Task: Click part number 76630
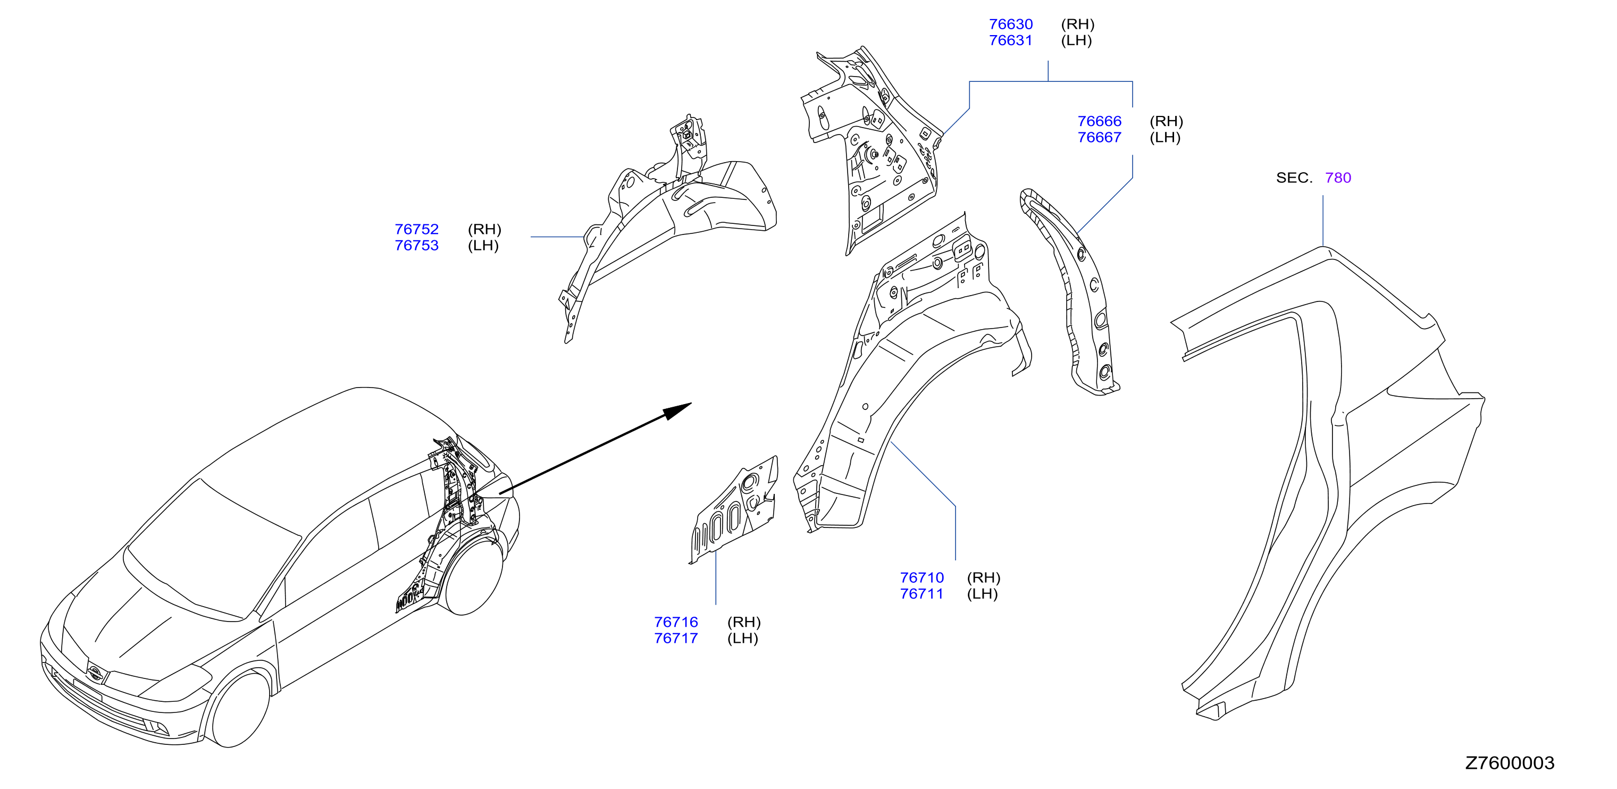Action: pyautogui.click(x=1011, y=24)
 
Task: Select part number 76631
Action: pyautogui.click(x=1011, y=41)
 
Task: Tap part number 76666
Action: pyautogui.click(x=1099, y=121)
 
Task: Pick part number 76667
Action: pyautogui.click(x=1099, y=138)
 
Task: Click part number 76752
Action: pyautogui.click(x=417, y=229)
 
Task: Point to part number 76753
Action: pyautogui.click(x=417, y=246)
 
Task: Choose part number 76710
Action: pyautogui.click(x=921, y=577)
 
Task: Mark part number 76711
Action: pyautogui.click(x=921, y=594)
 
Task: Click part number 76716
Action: pyautogui.click(x=676, y=622)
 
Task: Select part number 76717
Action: pyautogui.click(x=676, y=639)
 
